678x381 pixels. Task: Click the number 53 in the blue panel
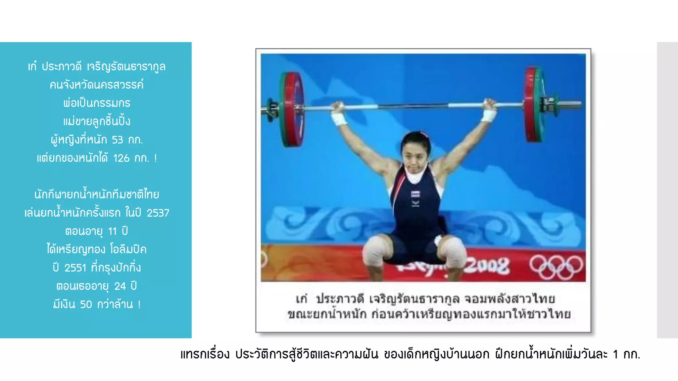(x=117, y=140)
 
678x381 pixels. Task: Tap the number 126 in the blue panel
(x=121, y=158)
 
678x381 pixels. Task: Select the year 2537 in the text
(x=158, y=213)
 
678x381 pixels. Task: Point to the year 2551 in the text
(x=75, y=268)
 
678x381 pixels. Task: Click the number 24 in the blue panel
(x=120, y=286)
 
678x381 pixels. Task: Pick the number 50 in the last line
(x=86, y=304)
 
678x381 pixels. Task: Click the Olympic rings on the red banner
(x=556, y=267)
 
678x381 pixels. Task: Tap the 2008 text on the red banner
(x=487, y=266)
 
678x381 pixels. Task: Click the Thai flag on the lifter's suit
(x=415, y=194)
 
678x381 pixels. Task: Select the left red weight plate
(x=292, y=109)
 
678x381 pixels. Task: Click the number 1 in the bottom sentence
(x=615, y=355)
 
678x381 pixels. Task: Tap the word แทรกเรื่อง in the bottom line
(x=205, y=355)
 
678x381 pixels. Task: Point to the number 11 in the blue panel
(x=112, y=231)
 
